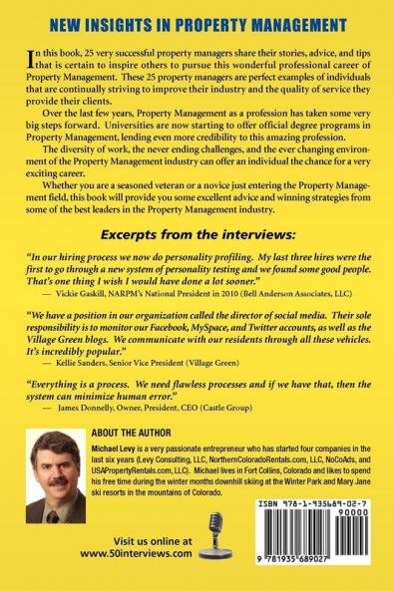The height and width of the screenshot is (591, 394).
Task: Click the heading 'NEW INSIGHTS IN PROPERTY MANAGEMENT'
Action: [x=197, y=22]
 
